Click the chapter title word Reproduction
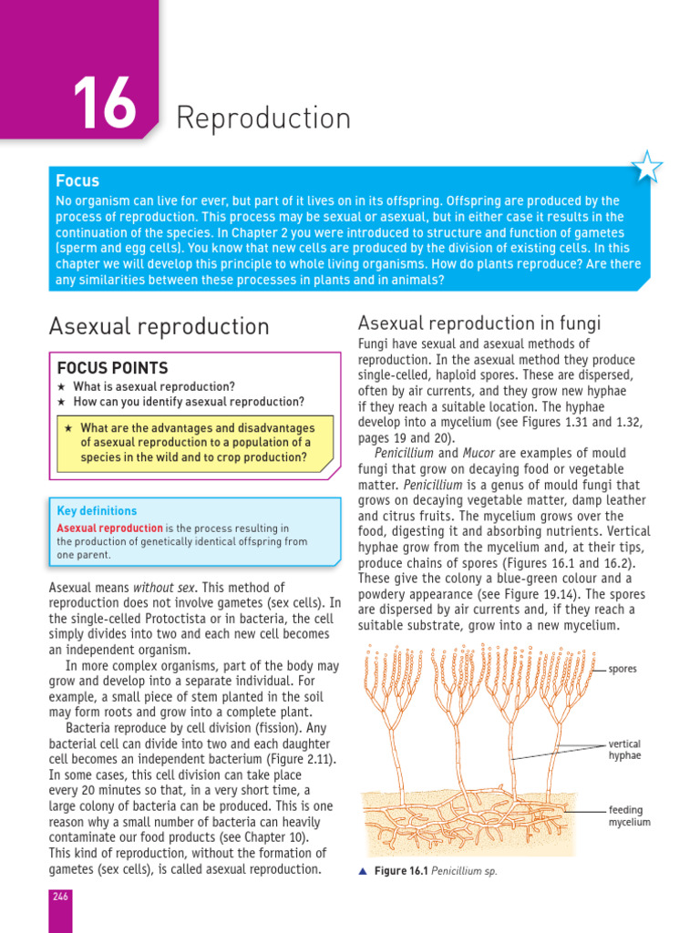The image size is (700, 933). tap(263, 118)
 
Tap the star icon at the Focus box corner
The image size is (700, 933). tap(647, 167)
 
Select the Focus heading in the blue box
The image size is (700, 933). tap(77, 180)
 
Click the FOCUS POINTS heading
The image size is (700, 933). tap(112, 368)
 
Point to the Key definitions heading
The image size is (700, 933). tap(97, 511)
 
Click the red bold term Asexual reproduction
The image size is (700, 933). tap(109, 528)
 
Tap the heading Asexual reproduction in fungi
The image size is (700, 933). tap(479, 323)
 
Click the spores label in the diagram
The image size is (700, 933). tap(623, 669)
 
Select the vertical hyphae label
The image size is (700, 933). tap(624, 750)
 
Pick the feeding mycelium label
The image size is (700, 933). tap(629, 815)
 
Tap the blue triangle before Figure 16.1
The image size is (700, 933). tap(362, 871)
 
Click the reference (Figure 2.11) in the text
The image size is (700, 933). tap(301, 759)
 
